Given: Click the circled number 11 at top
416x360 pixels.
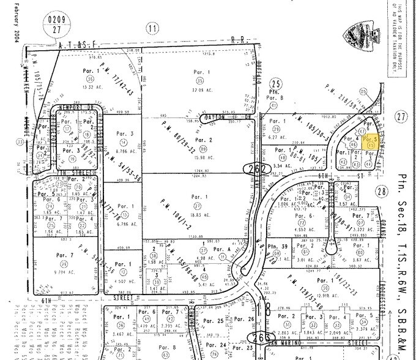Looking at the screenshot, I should pyautogui.click(x=152, y=28).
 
